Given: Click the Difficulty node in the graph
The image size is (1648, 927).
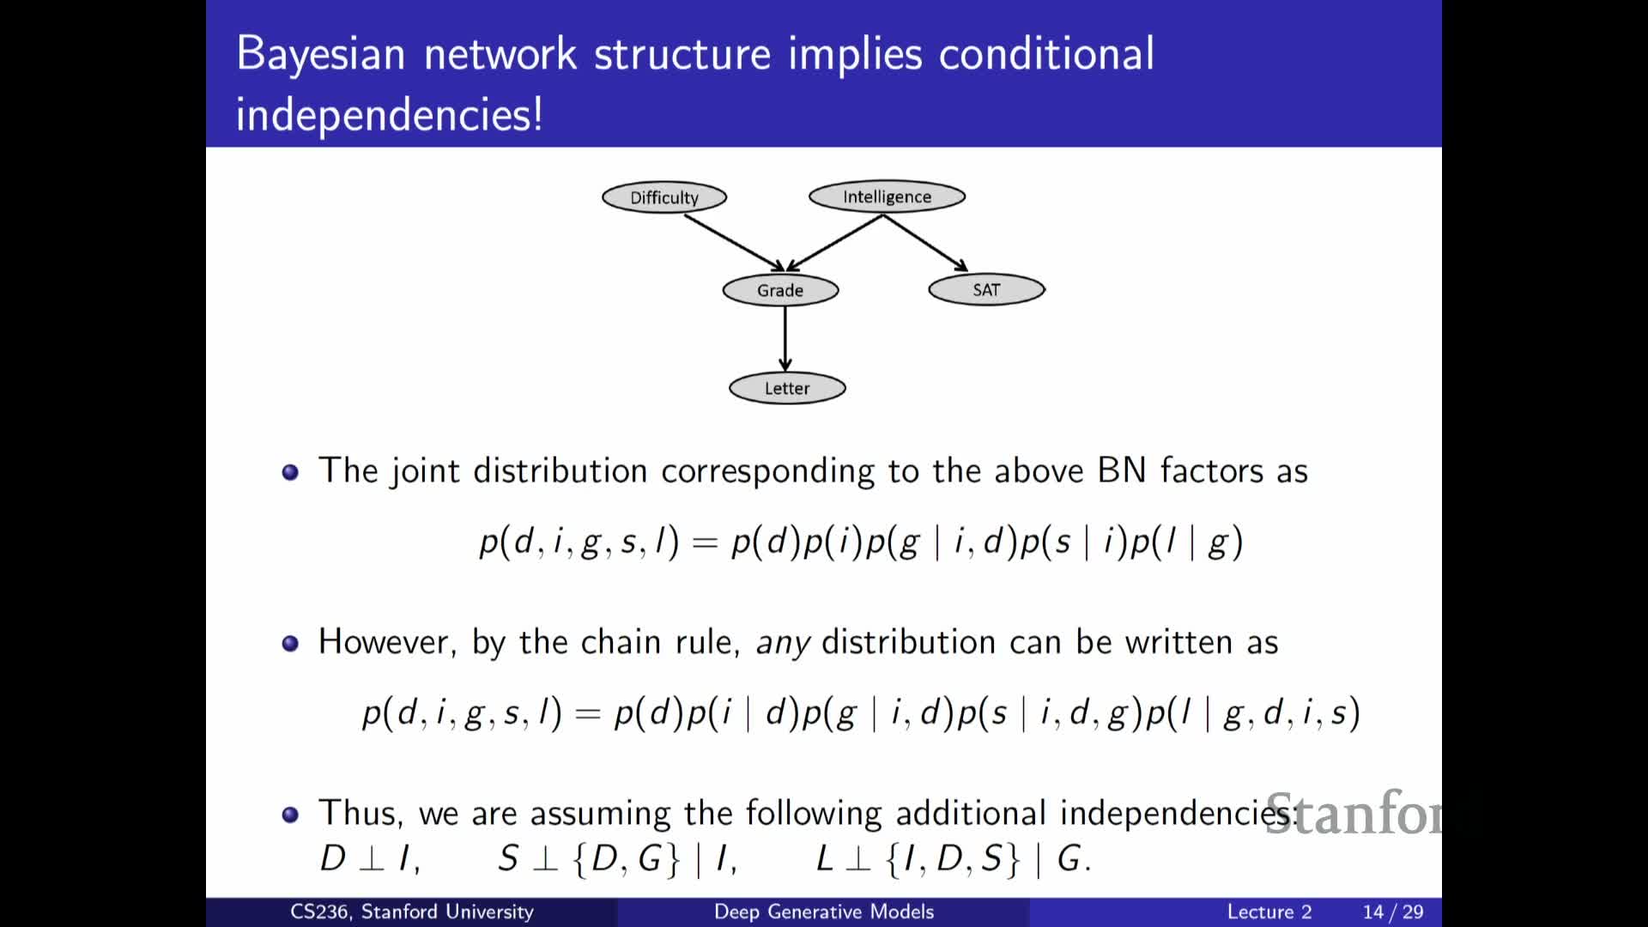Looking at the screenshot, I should click(664, 197).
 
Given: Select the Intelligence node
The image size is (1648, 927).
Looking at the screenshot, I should click(887, 197).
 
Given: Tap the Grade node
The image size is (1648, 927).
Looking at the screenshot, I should click(780, 290).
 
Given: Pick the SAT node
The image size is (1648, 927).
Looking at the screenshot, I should click(986, 289).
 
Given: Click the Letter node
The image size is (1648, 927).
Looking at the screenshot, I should click(787, 388).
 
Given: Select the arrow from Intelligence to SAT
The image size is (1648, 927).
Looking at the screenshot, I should click(925, 243).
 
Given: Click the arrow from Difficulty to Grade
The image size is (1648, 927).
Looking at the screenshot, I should click(734, 243).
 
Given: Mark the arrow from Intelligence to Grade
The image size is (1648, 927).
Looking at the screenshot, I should click(835, 243).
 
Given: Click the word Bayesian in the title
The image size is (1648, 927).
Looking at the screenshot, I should click(321, 54).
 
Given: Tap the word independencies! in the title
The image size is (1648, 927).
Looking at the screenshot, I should click(389, 114).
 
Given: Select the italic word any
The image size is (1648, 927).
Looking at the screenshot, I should click(782, 643).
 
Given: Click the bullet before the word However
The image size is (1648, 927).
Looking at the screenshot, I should click(290, 643).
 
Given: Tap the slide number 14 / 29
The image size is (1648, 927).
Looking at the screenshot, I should click(1392, 912).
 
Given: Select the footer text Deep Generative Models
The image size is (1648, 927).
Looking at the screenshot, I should click(823, 912).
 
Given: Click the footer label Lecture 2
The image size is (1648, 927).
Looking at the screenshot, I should click(1269, 912).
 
